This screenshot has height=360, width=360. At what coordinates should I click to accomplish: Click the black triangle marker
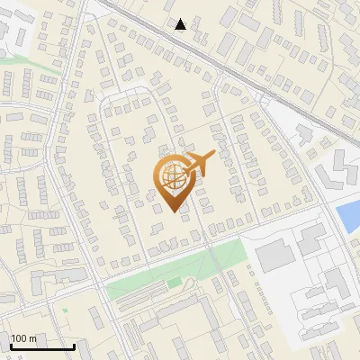click(x=181, y=24)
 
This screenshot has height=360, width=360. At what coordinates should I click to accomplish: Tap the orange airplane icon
click(x=199, y=165)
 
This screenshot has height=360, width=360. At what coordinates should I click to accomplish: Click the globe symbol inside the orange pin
click(x=172, y=175)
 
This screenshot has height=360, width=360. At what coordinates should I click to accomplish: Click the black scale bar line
click(x=42, y=347)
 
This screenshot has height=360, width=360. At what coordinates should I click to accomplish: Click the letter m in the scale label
click(x=33, y=338)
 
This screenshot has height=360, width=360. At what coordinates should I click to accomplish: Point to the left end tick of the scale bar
click(x=11, y=346)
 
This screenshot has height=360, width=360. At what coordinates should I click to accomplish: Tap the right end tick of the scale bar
click(x=74, y=346)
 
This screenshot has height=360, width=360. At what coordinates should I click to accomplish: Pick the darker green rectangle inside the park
click(x=173, y=284)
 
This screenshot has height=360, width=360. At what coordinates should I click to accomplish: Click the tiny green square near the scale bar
click(x=64, y=310)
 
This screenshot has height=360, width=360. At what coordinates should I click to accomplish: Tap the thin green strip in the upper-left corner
click(x=18, y=61)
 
